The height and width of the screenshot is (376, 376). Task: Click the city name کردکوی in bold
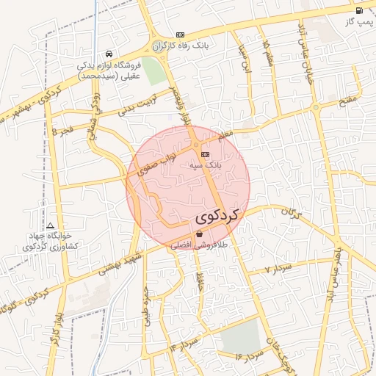[218, 217]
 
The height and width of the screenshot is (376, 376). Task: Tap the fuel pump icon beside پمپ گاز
[359, 11]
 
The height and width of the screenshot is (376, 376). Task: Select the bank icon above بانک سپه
[205, 154]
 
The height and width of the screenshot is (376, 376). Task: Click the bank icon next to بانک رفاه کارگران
[181, 35]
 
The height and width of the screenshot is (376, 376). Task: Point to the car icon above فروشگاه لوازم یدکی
[109, 54]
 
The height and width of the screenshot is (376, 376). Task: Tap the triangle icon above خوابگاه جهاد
[50, 225]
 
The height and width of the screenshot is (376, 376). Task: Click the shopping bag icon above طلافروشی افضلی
[200, 234]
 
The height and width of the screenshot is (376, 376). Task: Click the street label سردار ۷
[280, 265]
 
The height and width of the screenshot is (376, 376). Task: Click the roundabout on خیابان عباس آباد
[315, 108]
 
